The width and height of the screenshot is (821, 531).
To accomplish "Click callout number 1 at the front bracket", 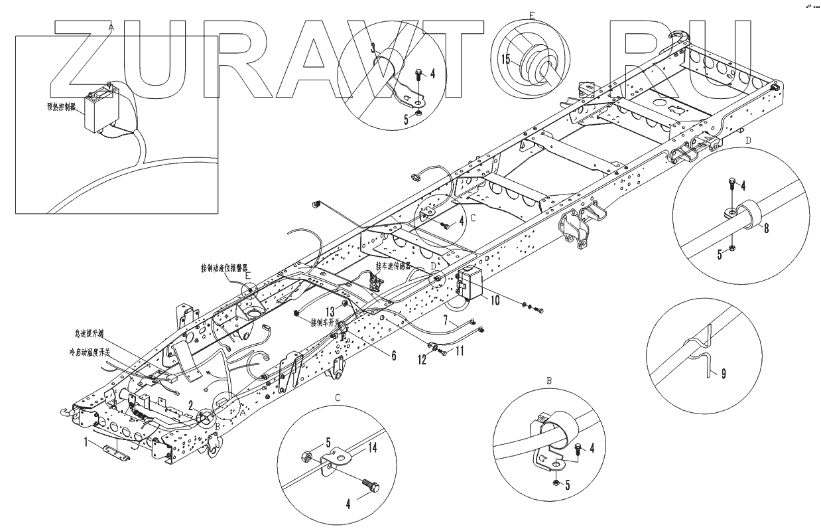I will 85,440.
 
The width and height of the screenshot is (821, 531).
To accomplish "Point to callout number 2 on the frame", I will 191,404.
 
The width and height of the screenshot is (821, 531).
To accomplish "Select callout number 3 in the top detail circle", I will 373,47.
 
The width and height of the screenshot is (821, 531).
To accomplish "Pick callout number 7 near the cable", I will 446,321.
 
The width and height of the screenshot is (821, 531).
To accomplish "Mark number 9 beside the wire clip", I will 724,373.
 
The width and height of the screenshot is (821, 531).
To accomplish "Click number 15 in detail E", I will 506,58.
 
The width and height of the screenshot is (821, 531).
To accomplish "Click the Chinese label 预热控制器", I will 60,104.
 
